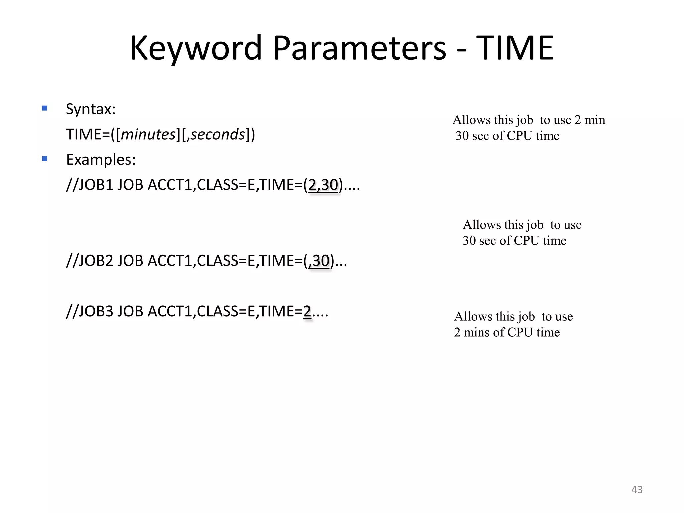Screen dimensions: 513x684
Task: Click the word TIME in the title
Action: pos(515,48)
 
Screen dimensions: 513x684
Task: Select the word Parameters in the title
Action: pos(359,48)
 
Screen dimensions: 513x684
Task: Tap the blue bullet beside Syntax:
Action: pos(45,108)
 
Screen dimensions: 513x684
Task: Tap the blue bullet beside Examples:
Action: pos(45,159)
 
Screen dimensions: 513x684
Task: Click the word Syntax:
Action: pos(91,109)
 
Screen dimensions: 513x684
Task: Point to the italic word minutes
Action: pos(148,134)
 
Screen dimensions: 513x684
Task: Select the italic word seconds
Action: pos(218,134)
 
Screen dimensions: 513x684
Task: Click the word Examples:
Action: pos(101,160)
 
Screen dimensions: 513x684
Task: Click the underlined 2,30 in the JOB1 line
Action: pos(323,185)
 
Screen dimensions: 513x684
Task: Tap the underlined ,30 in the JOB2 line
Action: pos(319,261)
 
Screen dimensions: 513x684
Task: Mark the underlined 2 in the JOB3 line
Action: pos(307,311)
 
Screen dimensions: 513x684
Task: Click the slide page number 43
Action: pos(637,490)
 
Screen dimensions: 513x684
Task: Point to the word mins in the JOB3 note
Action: pos(477,332)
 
